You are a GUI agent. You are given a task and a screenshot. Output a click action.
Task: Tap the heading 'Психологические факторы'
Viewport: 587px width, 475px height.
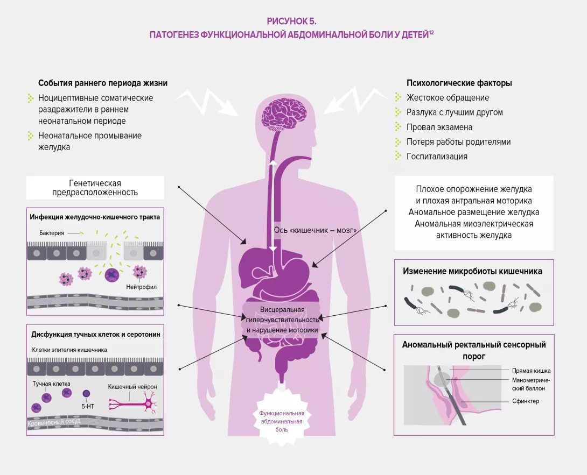click(459, 83)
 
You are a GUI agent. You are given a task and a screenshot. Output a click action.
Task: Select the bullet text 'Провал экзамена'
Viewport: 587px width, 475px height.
click(439, 127)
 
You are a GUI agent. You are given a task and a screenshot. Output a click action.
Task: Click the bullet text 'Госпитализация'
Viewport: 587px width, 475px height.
click(437, 157)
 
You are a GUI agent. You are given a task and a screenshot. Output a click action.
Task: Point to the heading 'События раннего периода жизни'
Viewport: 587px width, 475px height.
click(102, 83)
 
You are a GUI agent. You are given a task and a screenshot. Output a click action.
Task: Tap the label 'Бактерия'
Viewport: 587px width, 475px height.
click(52, 233)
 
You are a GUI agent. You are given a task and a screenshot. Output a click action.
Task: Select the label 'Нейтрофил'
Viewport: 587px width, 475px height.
click(142, 287)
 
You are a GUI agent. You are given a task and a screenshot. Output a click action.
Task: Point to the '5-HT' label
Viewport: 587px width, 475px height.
click(88, 407)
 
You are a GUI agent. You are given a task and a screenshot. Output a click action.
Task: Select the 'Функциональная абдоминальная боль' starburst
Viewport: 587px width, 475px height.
click(281, 421)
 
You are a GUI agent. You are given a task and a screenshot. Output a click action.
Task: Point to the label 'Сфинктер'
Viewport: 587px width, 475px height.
click(526, 401)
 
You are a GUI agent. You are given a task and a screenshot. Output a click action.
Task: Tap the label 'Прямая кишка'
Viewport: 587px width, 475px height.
click(531, 371)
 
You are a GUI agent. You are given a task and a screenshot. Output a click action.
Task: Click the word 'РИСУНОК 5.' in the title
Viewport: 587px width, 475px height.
click(291, 21)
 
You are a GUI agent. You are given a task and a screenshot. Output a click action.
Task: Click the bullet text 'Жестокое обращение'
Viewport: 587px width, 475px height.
click(448, 98)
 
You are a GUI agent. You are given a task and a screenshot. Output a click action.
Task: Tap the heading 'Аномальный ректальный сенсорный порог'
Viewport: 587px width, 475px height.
click(474, 350)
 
